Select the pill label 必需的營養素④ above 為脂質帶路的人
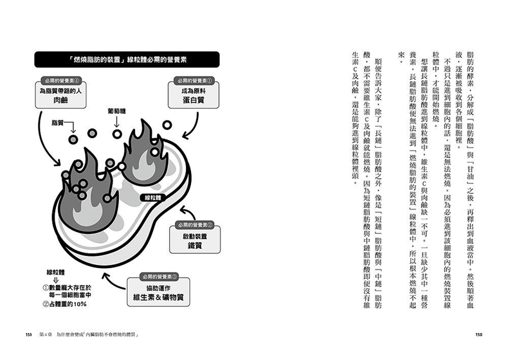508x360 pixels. (62, 80)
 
